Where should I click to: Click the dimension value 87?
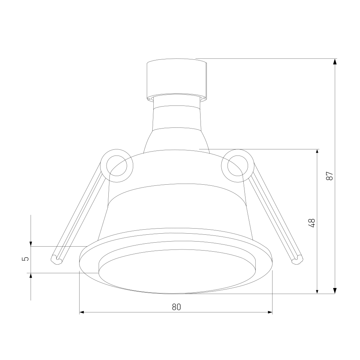tap(330, 176)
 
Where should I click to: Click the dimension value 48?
tap(311, 223)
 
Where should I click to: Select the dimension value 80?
tap(176, 307)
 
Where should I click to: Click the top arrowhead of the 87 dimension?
tap(335, 61)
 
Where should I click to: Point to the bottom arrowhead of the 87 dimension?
tap(335, 291)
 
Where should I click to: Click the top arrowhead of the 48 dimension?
tap(317, 152)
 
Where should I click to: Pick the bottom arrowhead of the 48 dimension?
tap(317, 291)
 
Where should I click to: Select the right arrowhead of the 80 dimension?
tap(269, 312)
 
